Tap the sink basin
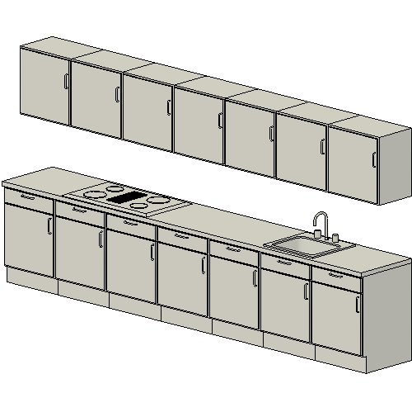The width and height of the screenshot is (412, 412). pos(306,244)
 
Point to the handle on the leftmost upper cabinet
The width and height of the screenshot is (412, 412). pos(66,81)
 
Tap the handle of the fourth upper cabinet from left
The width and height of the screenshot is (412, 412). pos(220,120)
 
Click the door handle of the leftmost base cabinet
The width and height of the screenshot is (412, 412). pos(49,226)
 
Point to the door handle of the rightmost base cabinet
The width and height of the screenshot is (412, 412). pos(358,304)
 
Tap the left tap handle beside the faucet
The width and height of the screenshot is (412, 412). pos(316,234)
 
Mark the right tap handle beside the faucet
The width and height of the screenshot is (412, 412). pos(335,238)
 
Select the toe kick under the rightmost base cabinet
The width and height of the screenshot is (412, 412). pos(339,359)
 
